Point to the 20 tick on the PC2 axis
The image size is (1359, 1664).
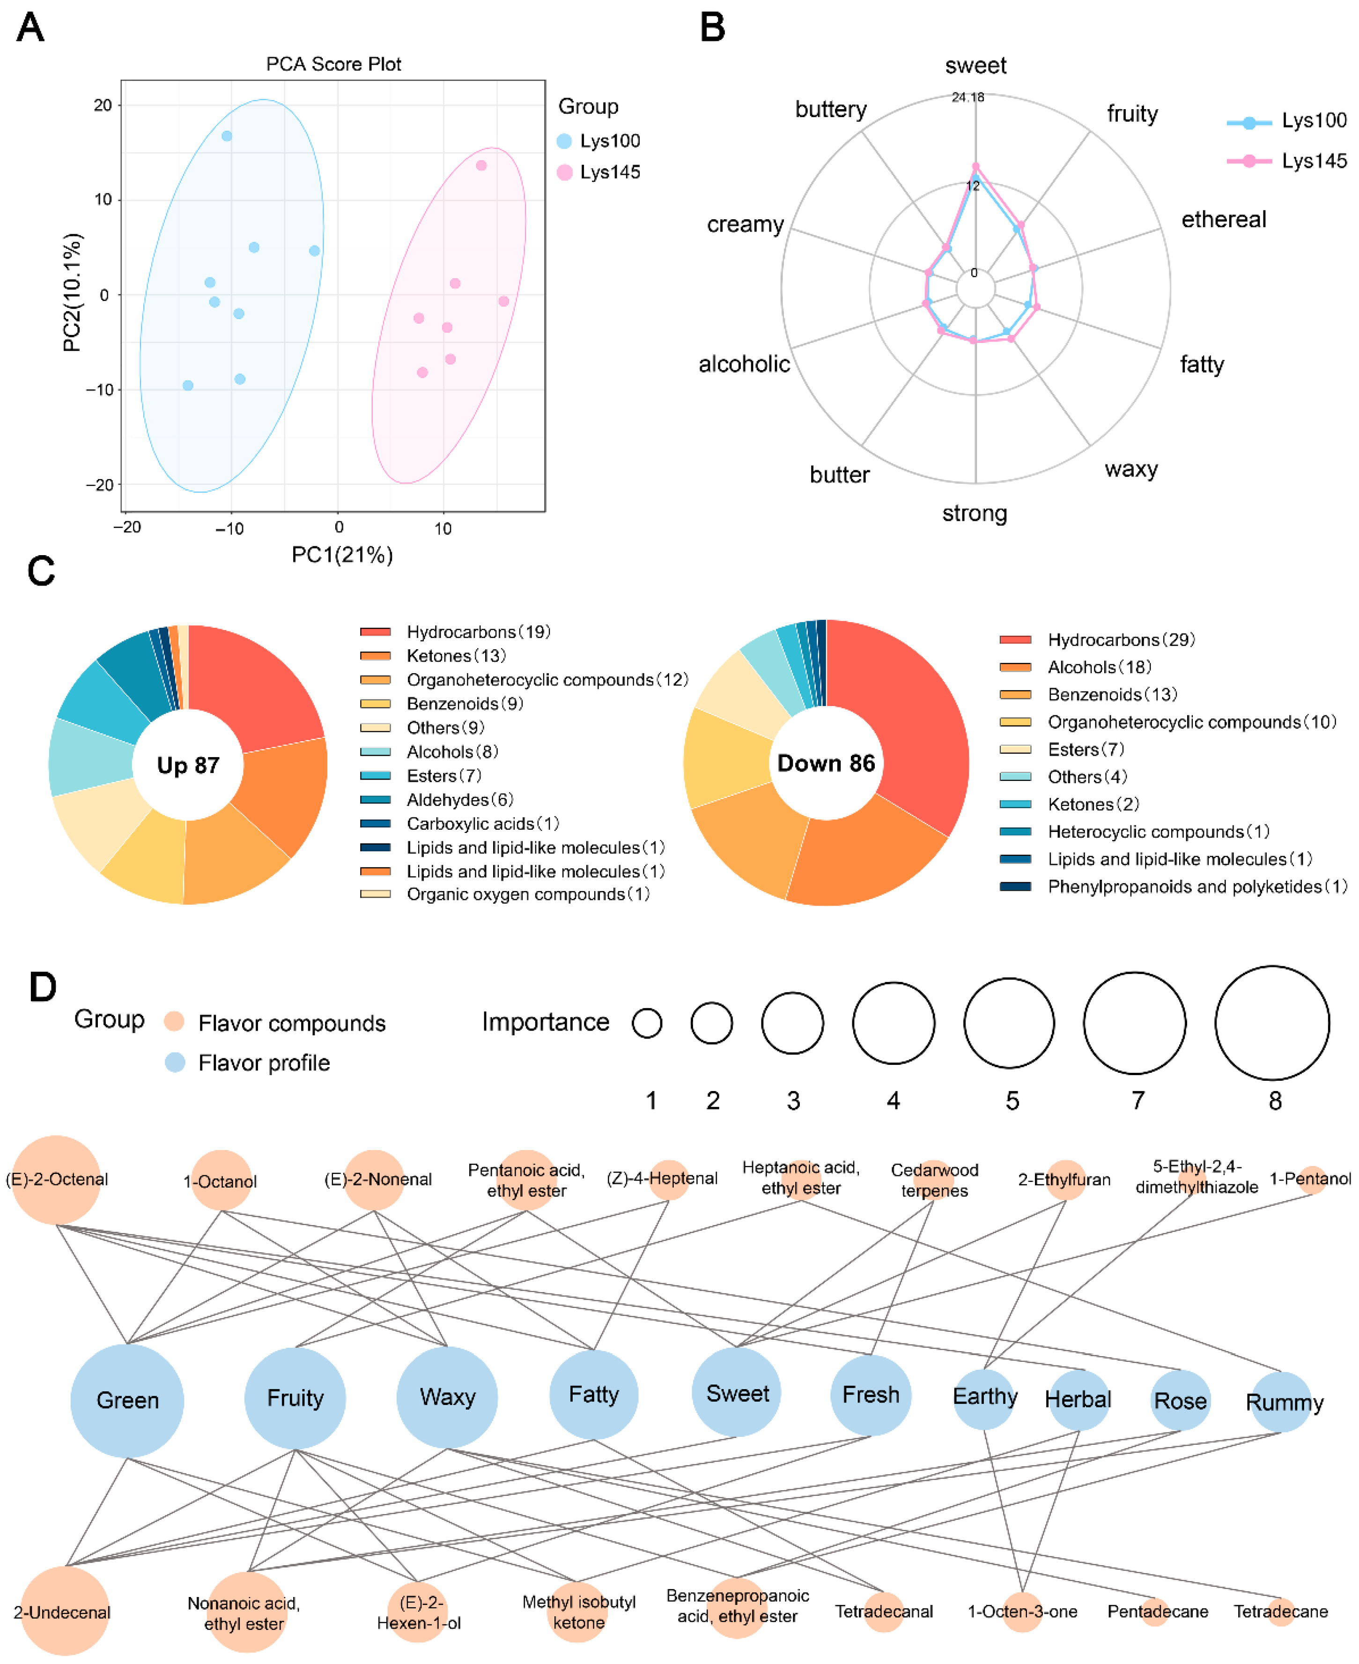point(103,105)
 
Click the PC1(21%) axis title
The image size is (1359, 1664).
point(342,555)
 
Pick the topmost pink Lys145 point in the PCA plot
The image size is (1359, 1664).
point(481,166)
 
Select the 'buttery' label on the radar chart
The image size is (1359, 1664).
point(831,110)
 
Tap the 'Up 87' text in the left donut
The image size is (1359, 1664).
point(188,765)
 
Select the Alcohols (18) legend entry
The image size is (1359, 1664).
point(1099,667)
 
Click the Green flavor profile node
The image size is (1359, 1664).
point(127,1400)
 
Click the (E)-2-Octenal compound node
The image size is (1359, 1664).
point(56,1179)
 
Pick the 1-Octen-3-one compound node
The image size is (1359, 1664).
point(1022,1612)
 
